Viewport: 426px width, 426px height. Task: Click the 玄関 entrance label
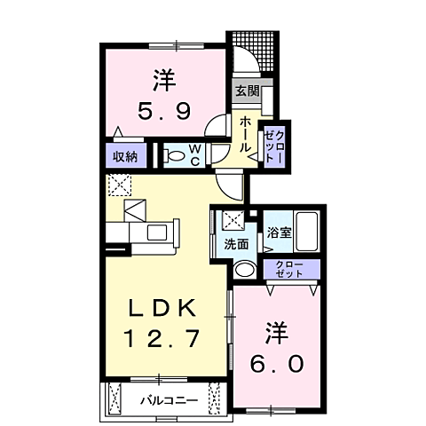pyautogui.click(x=246, y=91)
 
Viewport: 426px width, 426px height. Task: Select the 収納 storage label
pyautogui.click(x=124, y=156)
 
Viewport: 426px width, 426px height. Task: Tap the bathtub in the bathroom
pyautogui.click(x=306, y=233)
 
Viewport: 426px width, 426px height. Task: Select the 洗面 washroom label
pyautogui.click(x=235, y=244)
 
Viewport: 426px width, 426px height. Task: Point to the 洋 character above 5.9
pyautogui.click(x=162, y=80)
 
